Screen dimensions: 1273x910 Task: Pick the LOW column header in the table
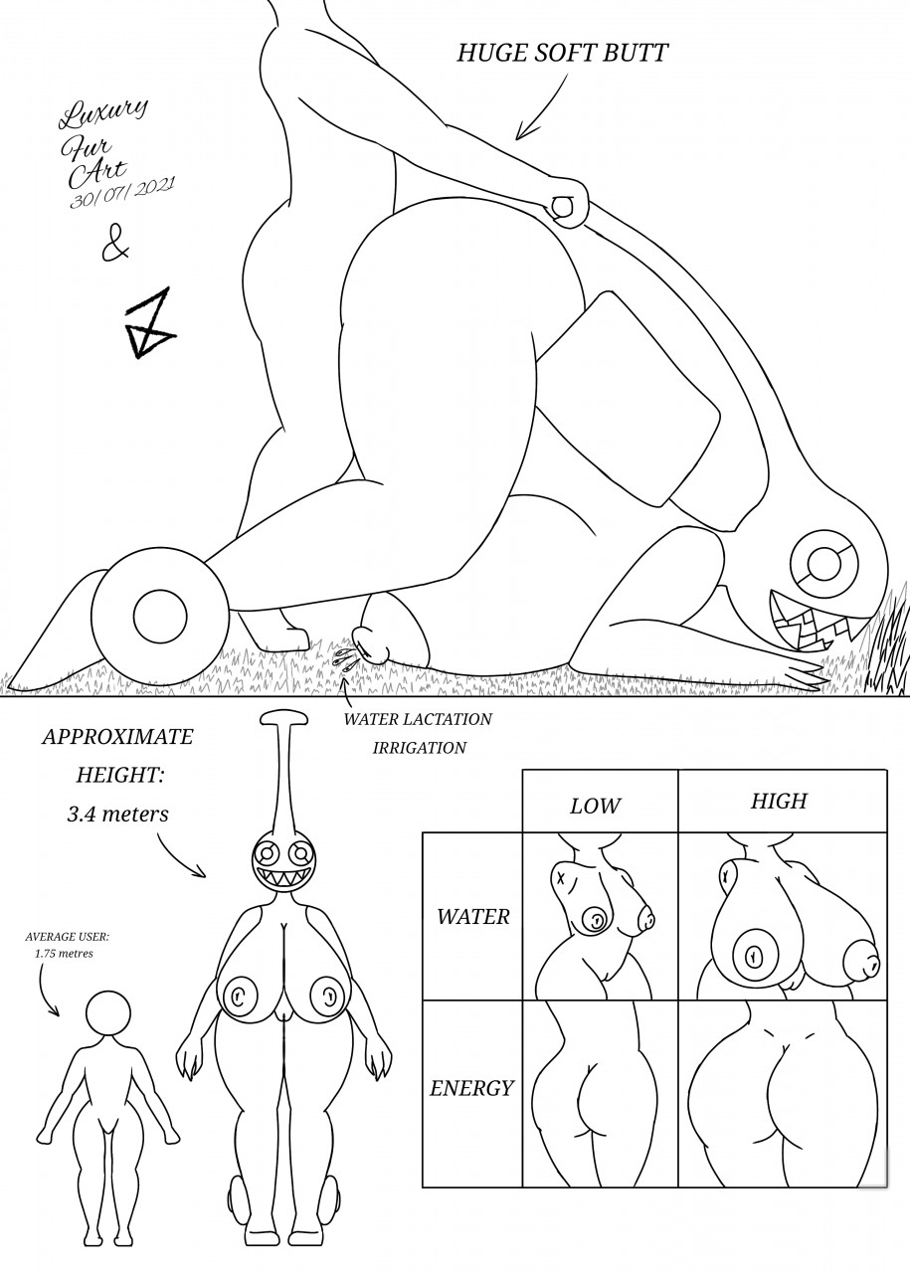(595, 806)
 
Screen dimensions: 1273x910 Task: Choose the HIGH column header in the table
(779, 801)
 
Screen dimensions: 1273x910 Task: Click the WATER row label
(472, 916)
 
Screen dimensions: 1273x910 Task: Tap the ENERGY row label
(471, 1088)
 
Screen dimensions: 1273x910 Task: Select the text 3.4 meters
(117, 814)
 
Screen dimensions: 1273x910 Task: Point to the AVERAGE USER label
(68, 936)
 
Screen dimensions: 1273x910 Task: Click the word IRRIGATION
(419, 748)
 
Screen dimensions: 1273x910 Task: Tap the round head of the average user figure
(108, 1015)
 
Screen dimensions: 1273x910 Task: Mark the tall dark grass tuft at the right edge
(888, 646)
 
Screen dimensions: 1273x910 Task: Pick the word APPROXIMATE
(117, 738)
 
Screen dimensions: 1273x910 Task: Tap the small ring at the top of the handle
(563, 207)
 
